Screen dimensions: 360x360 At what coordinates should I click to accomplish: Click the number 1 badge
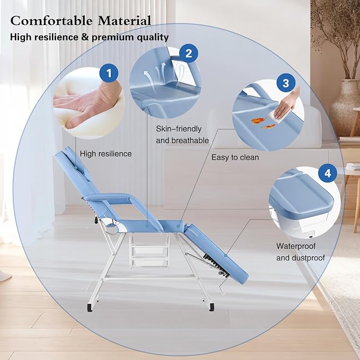tap(109, 73)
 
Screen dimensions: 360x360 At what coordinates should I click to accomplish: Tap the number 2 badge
tap(189, 54)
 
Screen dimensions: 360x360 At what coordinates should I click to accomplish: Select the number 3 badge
tap(286, 83)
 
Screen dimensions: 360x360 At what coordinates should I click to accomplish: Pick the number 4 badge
tap(328, 173)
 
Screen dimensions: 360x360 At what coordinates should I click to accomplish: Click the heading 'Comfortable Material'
tap(81, 21)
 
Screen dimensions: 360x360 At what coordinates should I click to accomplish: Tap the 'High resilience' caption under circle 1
tap(106, 154)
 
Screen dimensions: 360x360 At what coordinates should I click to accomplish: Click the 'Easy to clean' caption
tap(235, 157)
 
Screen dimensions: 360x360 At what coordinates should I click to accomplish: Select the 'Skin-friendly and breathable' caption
tap(182, 135)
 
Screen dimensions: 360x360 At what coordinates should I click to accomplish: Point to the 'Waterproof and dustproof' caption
tap(300, 252)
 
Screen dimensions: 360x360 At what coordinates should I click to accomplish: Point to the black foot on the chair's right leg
tap(212, 307)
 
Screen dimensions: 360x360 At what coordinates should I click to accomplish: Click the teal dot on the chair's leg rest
tap(225, 256)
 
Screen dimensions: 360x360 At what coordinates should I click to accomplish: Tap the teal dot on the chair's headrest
tap(75, 166)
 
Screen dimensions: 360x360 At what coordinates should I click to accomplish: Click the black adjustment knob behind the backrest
tap(95, 221)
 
